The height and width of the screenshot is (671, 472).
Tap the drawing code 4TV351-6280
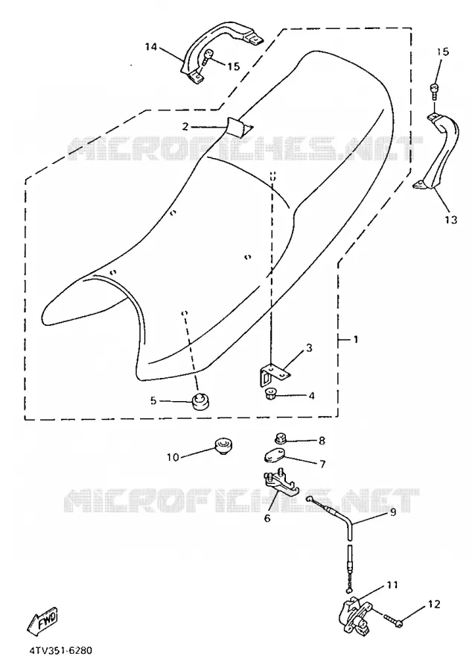coord(60,651)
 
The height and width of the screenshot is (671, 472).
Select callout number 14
coord(151,47)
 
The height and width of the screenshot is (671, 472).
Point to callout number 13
coord(451,219)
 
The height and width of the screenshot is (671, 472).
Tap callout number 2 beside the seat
coord(185,126)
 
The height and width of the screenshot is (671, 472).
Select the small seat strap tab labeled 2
coord(238,127)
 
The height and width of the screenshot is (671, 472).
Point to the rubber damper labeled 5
coord(199,401)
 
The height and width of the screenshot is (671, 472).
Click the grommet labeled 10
coord(222,446)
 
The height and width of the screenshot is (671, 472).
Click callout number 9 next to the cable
coord(392,511)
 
